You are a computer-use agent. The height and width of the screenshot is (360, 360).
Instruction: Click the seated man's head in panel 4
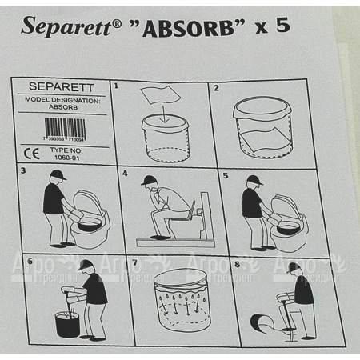click(150, 182)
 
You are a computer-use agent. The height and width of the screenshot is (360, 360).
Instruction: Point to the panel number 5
click(225, 174)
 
